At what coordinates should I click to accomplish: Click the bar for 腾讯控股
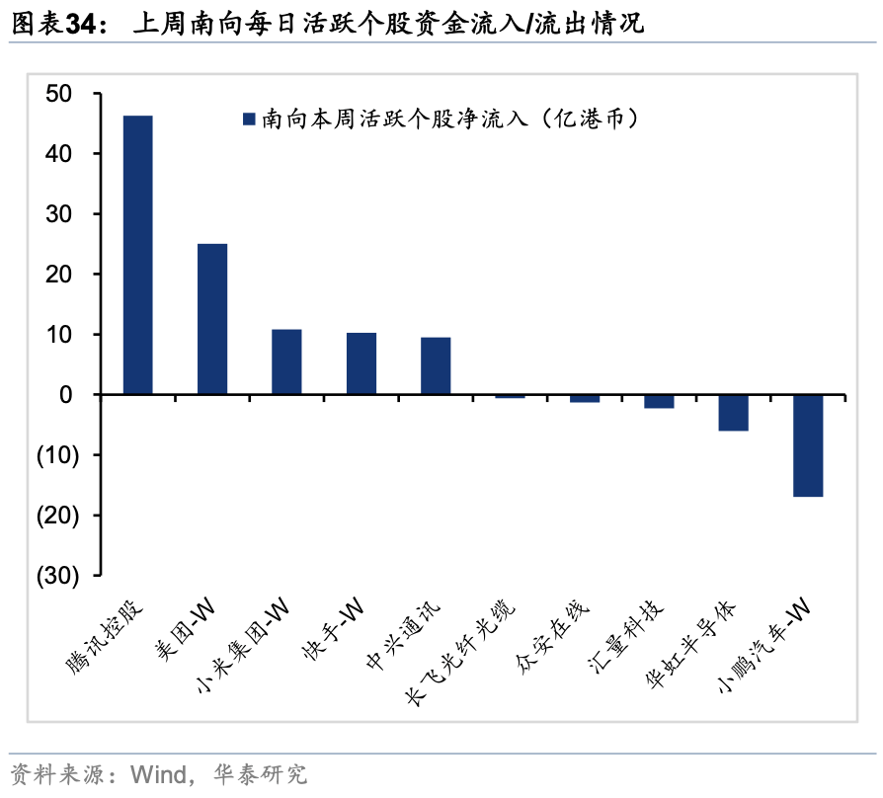(x=137, y=255)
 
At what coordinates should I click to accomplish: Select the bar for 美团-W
(x=212, y=319)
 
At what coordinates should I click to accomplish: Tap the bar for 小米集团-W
(x=286, y=361)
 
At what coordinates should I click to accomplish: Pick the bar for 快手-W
(x=361, y=363)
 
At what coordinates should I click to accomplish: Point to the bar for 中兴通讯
(x=436, y=365)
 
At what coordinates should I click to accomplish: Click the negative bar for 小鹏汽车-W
(x=808, y=445)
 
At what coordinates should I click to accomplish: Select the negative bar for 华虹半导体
(x=734, y=413)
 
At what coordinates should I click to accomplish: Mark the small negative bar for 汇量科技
(x=659, y=401)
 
